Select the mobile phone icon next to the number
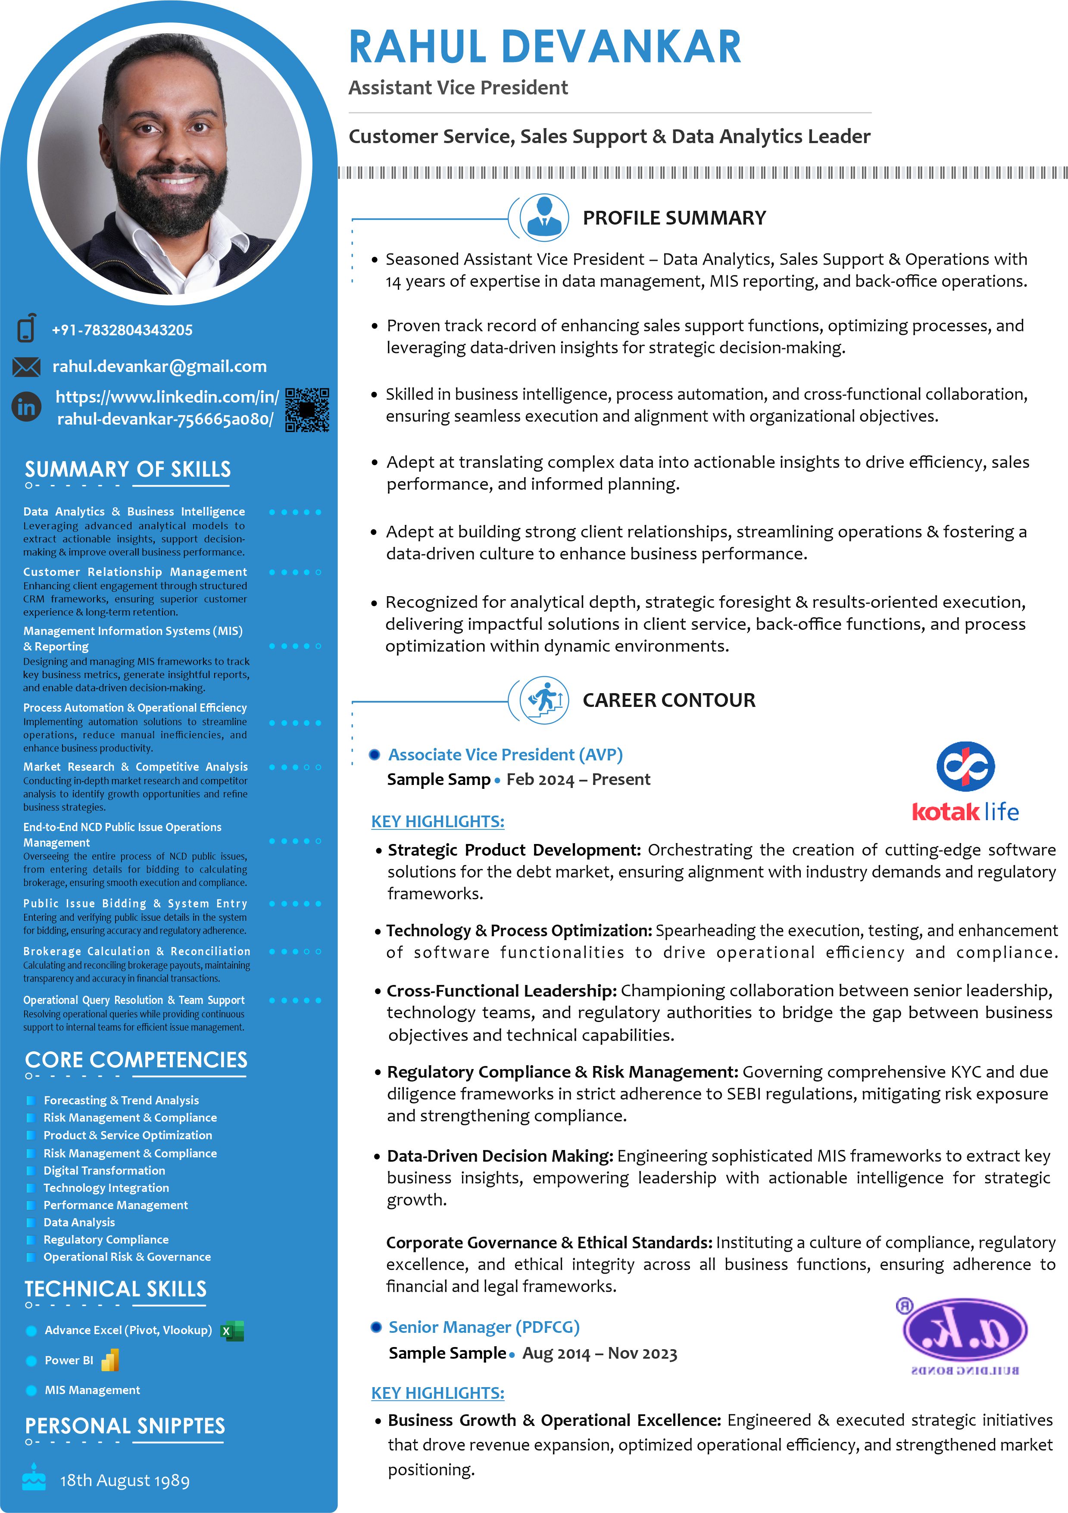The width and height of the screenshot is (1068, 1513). (x=26, y=328)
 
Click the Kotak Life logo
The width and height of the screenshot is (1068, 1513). (x=965, y=781)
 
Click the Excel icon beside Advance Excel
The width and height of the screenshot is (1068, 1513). (x=232, y=1331)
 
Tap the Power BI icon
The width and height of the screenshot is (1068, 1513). (x=110, y=1360)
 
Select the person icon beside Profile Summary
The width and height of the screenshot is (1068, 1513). (x=543, y=217)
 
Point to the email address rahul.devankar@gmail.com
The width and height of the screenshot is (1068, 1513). (x=159, y=366)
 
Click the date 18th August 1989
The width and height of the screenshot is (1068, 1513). (x=125, y=1480)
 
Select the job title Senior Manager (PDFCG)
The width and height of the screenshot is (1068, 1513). (x=484, y=1326)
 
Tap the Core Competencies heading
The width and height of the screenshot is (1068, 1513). (x=136, y=1060)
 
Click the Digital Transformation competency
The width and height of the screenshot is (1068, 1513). (x=104, y=1170)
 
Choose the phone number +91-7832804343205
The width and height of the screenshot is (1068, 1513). (x=122, y=330)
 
